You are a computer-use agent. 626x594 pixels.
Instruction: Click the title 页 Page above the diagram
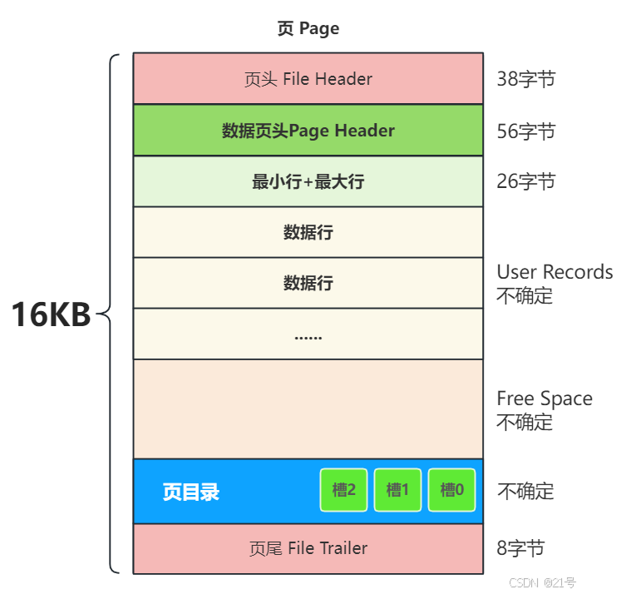pyautogui.click(x=308, y=29)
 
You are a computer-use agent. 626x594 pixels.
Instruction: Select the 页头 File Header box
pyautogui.click(x=308, y=79)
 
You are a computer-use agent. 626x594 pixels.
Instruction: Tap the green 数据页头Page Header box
pyautogui.click(x=308, y=131)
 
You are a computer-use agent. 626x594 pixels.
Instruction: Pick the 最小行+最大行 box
pyautogui.click(x=308, y=181)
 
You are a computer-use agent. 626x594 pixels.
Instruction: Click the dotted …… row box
pyautogui.click(x=308, y=334)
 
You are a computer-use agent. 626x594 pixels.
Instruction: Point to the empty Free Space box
pyautogui.click(x=308, y=409)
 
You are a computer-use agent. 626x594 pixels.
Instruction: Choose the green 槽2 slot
pyautogui.click(x=343, y=490)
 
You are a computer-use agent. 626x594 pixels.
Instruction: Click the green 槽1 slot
pyautogui.click(x=398, y=490)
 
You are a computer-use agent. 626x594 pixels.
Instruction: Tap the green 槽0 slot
pyautogui.click(x=451, y=490)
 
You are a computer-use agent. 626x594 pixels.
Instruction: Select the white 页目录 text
pyautogui.click(x=191, y=492)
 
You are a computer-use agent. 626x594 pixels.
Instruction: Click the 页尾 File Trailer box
pyautogui.click(x=308, y=548)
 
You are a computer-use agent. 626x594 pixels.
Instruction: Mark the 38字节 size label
pyautogui.click(x=525, y=80)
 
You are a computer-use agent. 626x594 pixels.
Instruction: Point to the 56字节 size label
pyautogui.click(x=525, y=131)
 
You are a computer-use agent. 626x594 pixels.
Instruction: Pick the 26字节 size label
pyautogui.click(x=525, y=181)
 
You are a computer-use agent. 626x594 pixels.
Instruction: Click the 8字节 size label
pyautogui.click(x=520, y=548)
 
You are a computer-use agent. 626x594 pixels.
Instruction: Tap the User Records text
pyautogui.click(x=555, y=273)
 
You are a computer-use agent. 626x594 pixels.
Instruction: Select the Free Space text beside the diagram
pyautogui.click(x=545, y=398)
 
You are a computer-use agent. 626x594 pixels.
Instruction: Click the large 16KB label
pyautogui.click(x=52, y=315)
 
